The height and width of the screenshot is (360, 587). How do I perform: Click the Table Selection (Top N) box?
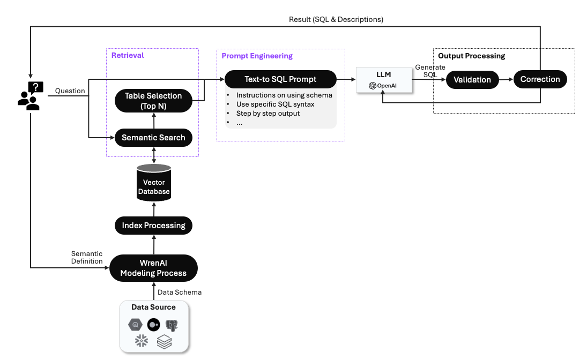(153, 101)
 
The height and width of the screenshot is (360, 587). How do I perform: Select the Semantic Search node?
(153, 138)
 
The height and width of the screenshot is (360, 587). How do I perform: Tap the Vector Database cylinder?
(154, 183)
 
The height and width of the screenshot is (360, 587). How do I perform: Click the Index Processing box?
(153, 226)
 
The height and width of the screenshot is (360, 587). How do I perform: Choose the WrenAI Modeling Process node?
(153, 268)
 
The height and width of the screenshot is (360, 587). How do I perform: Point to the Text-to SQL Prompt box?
(280, 79)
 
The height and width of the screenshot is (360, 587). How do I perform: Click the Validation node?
(472, 80)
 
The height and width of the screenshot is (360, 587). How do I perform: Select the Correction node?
(540, 79)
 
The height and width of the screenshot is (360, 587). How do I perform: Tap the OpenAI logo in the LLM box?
(373, 86)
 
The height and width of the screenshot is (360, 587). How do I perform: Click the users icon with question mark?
(31, 96)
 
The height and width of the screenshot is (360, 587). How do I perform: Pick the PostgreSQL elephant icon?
(172, 326)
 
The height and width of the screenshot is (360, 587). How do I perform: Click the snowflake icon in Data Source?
(142, 341)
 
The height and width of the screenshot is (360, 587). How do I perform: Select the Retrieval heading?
(128, 55)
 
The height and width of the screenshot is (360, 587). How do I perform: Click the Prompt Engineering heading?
(257, 56)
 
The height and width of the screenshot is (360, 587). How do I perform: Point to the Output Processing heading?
(472, 56)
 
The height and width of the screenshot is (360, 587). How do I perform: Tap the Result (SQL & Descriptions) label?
(336, 19)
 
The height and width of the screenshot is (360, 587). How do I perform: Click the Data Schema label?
(180, 292)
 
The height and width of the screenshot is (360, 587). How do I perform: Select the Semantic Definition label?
(87, 258)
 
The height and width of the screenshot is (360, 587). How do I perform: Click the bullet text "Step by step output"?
(268, 114)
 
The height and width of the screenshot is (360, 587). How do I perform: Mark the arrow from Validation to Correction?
(506, 79)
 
